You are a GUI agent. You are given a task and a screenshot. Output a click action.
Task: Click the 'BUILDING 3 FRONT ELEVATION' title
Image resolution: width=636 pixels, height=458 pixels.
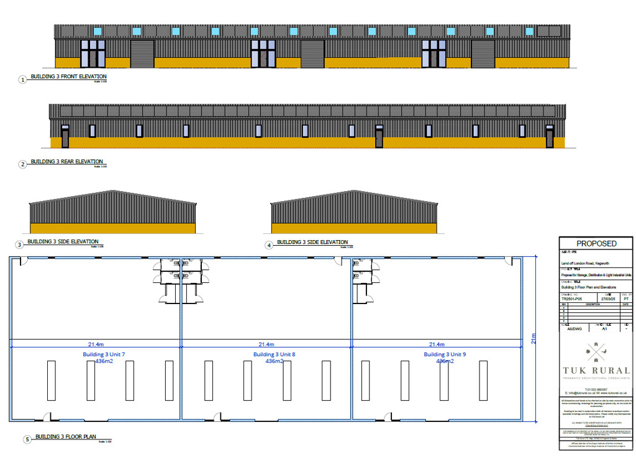64,77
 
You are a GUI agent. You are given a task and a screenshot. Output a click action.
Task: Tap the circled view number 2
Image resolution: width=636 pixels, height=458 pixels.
23,164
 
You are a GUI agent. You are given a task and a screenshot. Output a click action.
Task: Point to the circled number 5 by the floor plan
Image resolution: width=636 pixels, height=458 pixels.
27,439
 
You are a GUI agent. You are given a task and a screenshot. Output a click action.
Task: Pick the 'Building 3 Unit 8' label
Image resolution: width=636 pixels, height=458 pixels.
274,354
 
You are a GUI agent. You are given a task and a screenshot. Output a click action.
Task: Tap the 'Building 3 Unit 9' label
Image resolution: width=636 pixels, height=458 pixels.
445,354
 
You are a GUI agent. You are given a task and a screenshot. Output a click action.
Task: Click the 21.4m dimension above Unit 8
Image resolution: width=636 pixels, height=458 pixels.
266,344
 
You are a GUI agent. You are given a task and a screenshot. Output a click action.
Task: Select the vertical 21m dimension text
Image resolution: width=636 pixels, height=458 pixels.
533,338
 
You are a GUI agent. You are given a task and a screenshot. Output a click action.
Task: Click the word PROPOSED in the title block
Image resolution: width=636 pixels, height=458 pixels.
596,244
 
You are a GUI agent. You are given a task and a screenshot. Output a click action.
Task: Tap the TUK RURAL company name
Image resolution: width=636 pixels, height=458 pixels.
597,370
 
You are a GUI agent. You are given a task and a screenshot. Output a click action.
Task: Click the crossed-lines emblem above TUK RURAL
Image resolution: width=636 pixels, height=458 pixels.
596,351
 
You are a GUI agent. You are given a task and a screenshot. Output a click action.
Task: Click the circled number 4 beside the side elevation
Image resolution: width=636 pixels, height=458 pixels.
269,245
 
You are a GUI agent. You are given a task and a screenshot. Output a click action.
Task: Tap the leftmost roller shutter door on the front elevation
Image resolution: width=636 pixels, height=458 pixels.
142,54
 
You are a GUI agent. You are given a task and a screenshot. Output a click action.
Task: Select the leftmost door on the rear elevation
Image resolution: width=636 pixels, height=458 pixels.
65,136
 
